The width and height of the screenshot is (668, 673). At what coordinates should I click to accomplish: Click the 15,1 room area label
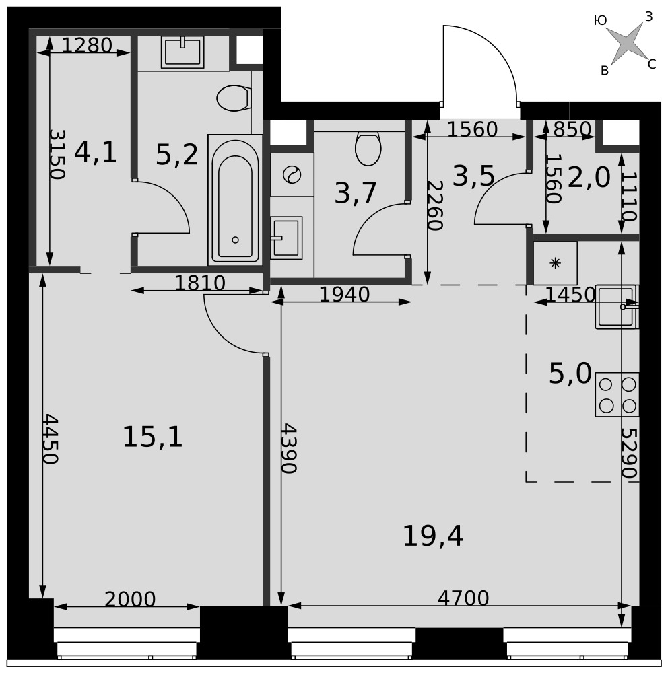(x=152, y=437)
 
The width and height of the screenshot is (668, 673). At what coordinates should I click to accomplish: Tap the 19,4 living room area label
(x=433, y=536)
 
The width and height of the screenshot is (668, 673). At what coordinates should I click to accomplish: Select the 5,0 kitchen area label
(x=570, y=374)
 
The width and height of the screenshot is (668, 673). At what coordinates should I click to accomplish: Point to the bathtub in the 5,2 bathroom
(x=235, y=200)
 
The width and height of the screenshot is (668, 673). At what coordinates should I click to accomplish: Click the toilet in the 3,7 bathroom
(x=368, y=149)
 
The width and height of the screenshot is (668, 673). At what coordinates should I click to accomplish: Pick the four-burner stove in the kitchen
(x=617, y=394)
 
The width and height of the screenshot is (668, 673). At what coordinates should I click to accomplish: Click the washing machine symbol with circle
(x=292, y=175)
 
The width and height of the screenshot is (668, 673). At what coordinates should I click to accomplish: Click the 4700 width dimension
(x=463, y=598)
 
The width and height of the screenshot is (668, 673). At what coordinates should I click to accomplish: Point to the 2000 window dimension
(x=130, y=599)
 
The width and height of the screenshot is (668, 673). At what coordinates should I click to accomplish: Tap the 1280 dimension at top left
(x=87, y=45)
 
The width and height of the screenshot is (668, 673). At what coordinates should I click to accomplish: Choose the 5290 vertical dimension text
(x=628, y=453)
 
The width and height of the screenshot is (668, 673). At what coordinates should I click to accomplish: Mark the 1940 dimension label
(x=345, y=295)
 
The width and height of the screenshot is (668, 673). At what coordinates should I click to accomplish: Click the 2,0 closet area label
(x=589, y=178)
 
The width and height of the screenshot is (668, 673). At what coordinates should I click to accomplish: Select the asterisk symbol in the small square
(x=556, y=263)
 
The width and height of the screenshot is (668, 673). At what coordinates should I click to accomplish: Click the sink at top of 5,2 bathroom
(x=182, y=52)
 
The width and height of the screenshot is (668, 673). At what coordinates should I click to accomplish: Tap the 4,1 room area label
(x=96, y=152)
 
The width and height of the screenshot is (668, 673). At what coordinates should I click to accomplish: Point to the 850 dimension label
(x=572, y=129)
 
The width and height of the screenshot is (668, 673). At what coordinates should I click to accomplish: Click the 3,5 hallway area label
(x=474, y=176)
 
